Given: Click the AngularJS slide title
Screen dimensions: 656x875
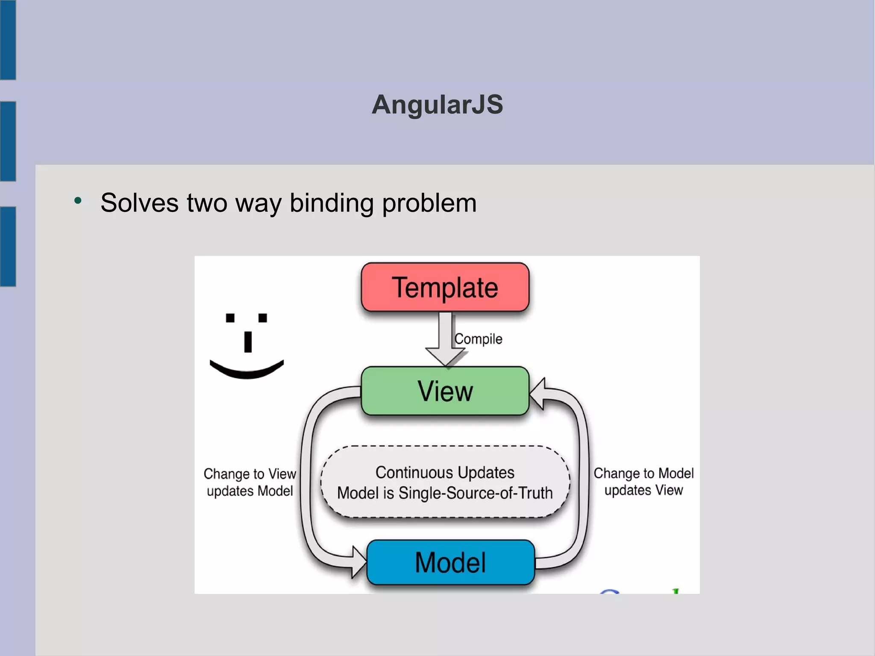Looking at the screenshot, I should (x=437, y=104).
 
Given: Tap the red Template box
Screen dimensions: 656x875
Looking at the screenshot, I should (x=445, y=287).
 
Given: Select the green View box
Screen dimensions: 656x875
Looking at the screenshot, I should (x=445, y=391).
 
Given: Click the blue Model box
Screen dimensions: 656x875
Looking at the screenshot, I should (x=450, y=562).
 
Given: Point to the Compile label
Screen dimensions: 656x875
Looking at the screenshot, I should (x=478, y=339).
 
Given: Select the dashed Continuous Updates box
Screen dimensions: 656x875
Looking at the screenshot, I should (x=445, y=482).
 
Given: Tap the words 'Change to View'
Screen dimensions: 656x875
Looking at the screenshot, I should (x=250, y=474).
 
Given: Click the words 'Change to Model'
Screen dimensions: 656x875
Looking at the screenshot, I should (x=643, y=473).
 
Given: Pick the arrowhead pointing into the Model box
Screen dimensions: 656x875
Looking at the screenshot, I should (x=358, y=562).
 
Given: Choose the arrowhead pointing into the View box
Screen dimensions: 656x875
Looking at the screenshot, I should (x=537, y=393).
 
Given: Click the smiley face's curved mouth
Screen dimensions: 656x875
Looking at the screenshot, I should (x=247, y=371).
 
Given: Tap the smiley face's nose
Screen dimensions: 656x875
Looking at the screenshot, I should (x=248, y=342).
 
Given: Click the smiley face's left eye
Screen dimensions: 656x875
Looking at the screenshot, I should (x=230, y=318).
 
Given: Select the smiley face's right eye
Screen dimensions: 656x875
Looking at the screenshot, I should (x=263, y=318).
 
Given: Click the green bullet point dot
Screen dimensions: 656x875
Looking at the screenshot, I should (x=78, y=200).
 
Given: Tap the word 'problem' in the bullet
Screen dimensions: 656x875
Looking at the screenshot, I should (x=429, y=203).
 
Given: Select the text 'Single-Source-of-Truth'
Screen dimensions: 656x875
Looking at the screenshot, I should (x=476, y=493).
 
